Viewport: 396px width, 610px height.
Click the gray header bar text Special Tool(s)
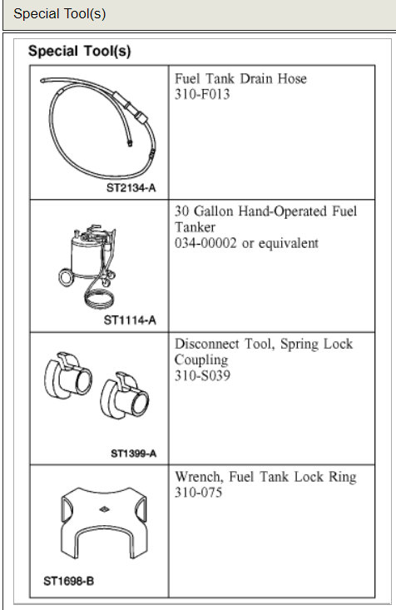pos(60,15)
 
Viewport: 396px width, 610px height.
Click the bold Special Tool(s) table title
pos(79,51)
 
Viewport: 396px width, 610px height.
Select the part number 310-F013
pos(202,94)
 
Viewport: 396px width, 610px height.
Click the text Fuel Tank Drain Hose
pos(240,78)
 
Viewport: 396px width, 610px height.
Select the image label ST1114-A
pos(131,321)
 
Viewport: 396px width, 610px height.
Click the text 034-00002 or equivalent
pos(246,243)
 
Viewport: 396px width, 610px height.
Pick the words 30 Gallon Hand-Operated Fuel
pos(265,211)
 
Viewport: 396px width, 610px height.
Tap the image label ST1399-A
pos(133,454)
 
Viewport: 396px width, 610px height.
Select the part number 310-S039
pos(202,376)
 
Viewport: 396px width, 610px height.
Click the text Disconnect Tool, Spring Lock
pos(264,344)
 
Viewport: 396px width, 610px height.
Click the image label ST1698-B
pos(69,581)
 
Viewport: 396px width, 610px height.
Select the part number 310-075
pos(199,493)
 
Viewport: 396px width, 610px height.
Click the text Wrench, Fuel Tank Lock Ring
pos(265,477)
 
